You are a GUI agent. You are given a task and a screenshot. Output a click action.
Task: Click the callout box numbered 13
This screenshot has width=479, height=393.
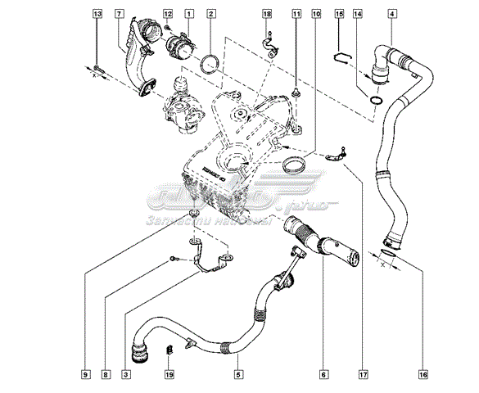(97, 15)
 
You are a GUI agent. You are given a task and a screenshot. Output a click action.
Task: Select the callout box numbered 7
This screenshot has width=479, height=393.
(120, 15)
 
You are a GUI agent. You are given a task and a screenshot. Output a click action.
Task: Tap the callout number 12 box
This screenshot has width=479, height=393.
(168, 15)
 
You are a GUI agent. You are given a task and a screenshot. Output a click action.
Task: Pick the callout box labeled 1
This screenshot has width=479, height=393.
(189, 15)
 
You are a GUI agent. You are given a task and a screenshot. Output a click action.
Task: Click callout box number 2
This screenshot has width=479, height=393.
(211, 15)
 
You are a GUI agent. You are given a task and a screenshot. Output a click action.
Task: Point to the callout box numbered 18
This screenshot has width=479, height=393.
(267, 15)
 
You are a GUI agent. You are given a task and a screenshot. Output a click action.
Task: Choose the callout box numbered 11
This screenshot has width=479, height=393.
(296, 15)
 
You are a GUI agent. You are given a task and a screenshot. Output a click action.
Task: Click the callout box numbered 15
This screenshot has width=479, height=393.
(339, 15)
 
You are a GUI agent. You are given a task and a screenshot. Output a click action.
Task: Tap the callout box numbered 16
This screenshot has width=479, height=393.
(423, 374)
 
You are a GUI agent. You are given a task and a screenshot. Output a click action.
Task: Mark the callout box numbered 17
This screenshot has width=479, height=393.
(361, 374)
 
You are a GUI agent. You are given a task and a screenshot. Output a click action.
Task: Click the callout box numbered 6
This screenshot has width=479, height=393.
(324, 374)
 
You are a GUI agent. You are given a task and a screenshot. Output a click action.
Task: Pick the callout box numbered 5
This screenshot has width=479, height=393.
(238, 374)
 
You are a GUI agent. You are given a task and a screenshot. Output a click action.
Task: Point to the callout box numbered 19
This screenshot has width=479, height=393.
(168, 374)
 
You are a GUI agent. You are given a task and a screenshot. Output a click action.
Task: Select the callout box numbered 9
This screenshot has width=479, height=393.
(85, 374)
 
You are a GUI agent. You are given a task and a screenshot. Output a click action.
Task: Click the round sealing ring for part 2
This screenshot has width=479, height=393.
(210, 62)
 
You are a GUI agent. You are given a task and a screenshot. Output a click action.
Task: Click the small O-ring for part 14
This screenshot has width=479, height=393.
(375, 100)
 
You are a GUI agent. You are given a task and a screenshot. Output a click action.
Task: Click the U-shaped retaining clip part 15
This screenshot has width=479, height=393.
(343, 56)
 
